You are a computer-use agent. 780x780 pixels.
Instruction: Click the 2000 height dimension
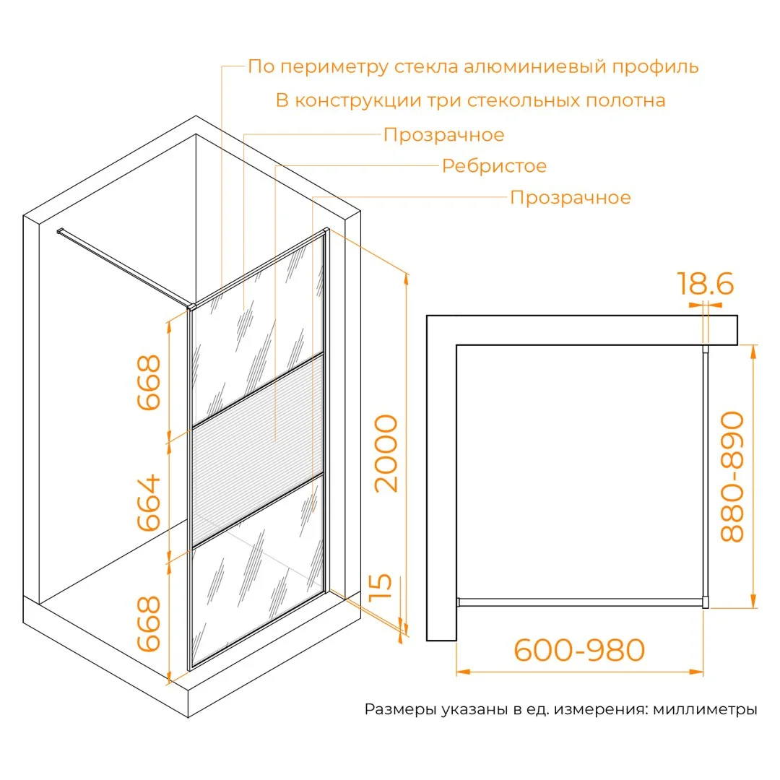[x=386, y=453]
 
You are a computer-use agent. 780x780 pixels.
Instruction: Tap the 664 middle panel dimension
[x=149, y=503]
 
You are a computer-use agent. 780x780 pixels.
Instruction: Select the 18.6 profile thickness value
[x=706, y=284]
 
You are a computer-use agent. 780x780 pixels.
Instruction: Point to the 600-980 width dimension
[x=579, y=650]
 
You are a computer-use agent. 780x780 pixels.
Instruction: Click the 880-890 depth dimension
[x=732, y=476]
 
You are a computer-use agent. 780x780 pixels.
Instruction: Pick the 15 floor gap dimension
[x=381, y=587]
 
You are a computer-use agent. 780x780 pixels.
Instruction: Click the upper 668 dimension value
[x=149, y=382]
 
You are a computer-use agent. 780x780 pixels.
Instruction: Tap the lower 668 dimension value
[x=149, y=623]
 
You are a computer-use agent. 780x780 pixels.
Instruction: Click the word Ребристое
[x=494, y=165]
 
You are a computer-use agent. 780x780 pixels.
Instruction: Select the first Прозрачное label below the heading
[x=443, y=135]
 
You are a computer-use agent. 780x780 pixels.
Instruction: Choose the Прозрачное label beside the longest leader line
[x=570, y=197]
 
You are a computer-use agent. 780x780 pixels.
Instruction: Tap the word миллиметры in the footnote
[x=705, y=709]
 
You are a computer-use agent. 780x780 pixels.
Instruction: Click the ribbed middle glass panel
[x=258, y=451]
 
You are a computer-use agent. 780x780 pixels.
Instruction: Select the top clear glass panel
[x=258, y=330]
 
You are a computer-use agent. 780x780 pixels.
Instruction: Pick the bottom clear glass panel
[x=258, y=571]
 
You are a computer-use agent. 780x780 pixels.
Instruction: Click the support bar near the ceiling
[x=123, y=268]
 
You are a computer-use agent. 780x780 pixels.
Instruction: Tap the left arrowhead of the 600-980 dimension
[x=463, y=672]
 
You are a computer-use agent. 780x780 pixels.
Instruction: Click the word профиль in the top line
[x=655, y=66]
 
